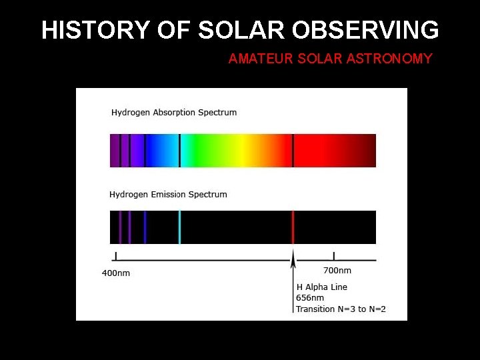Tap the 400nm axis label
116,273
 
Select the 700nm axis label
337,271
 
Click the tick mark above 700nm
334,256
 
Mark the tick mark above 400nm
117,256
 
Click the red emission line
293,227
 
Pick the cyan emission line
179,227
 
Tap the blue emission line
145,227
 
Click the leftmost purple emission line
120,227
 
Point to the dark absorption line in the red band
293,151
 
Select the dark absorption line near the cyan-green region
179,151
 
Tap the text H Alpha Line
322,287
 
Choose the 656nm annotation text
310,298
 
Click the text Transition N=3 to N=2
341,309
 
